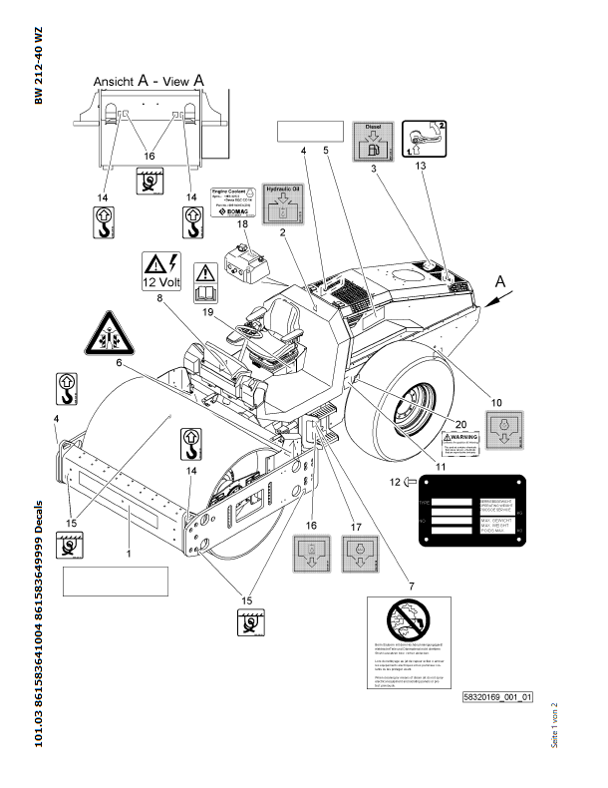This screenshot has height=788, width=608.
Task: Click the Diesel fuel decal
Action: pyautogui.click(x=375, y=142)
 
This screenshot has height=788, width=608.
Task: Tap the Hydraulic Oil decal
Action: pyautogui.click(x=281, y=203)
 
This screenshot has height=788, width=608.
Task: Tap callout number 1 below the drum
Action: pyautogui.click(x=129, y=551)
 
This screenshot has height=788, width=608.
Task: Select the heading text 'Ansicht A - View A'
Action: pyautogui.click(x=149, y=79)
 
